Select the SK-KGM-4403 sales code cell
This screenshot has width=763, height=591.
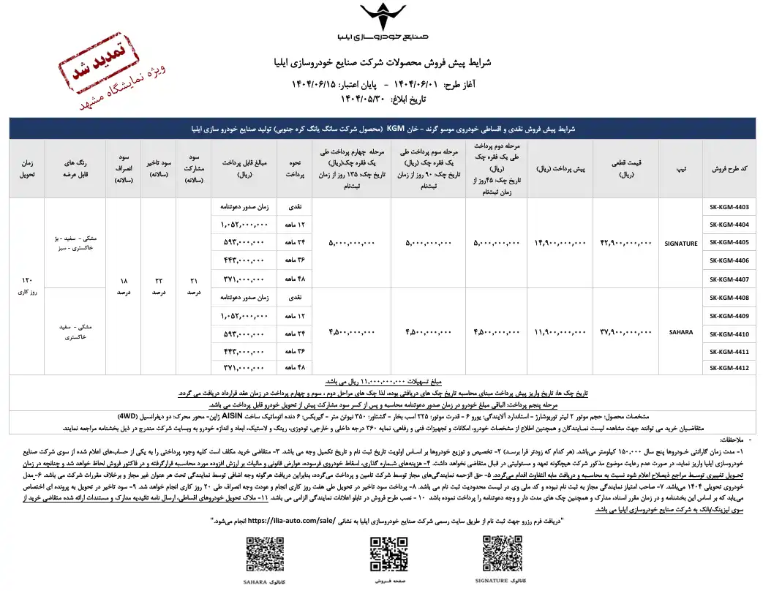(729, 207)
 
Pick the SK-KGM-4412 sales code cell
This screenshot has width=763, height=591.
(729, 368)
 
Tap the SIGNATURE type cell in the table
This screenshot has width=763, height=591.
(681, 242)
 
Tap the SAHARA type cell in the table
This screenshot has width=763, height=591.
(681, 332)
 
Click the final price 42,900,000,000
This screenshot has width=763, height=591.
(625, 242)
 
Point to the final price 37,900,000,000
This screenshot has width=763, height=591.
(625, 332)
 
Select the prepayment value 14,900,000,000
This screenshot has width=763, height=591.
(561, 242)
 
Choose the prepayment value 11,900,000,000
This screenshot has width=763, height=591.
(561, 332)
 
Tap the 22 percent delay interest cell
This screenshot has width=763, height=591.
(159, 286)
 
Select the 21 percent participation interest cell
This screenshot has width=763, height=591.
(194, 286)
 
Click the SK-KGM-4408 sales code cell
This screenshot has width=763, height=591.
(729, 297)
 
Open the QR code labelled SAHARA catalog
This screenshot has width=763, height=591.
(266, 554)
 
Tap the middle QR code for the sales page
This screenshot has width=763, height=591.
(388, 554)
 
